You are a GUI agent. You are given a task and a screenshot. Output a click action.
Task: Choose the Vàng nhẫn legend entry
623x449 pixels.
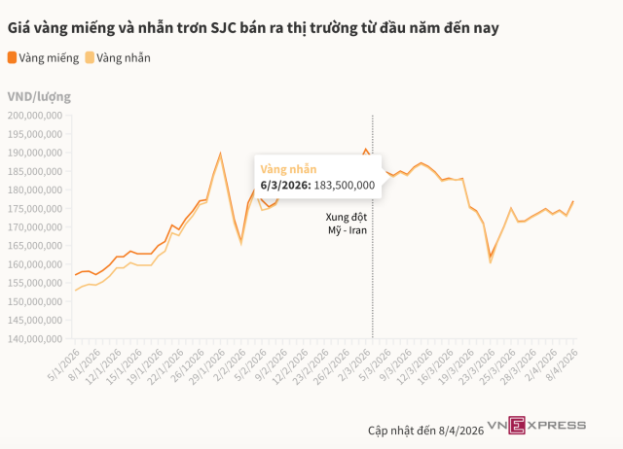coord(124,57)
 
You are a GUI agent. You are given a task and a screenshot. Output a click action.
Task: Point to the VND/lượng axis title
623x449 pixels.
coord(39,96)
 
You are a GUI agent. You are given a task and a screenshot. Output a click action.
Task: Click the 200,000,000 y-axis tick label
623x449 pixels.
coord(36,115)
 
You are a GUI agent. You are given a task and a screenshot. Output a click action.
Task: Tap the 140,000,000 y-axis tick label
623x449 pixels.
coord(36,339)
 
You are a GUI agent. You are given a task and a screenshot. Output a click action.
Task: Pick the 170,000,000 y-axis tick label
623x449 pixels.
coord(36,227)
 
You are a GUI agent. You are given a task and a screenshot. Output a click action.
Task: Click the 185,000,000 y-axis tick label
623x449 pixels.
coord(36,171)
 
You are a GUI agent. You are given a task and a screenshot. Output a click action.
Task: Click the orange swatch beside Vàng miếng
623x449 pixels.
coord(12,57)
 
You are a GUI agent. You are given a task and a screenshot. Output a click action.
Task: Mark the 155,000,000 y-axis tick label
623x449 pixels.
coord(36,283)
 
